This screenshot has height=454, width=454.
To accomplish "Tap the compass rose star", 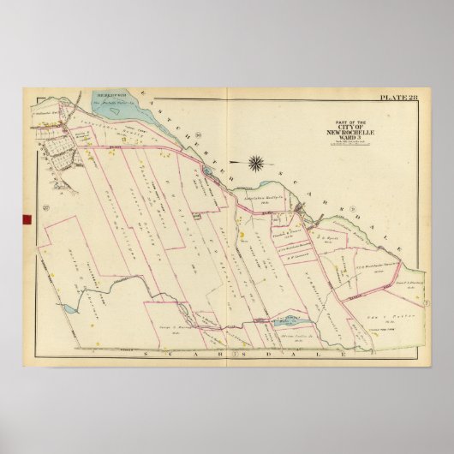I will [256, 160].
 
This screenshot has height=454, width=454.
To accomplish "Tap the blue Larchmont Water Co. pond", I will [286, 319].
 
